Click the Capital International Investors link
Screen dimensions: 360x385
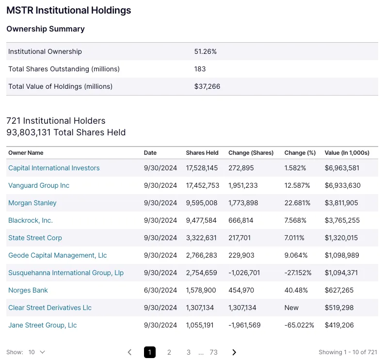coord(54,168)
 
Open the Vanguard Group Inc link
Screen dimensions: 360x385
coord(39,185)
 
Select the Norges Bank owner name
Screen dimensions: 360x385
coord(28,290)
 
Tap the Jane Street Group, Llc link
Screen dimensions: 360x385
coord(43,325)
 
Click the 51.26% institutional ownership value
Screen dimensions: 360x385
coord(205,51)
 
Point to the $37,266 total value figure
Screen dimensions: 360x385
coord(207,86)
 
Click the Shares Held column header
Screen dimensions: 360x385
coord(202,153)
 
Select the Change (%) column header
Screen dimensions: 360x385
coord(300,153)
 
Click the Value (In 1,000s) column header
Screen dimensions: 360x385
coord(347,153)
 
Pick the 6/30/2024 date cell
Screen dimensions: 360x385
coord(160,290)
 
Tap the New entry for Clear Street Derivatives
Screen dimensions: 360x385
coord(291,308)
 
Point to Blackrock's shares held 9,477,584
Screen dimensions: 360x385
coord(202,220)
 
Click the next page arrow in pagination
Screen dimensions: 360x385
coord(234,352)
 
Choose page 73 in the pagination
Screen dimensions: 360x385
coord(213,352)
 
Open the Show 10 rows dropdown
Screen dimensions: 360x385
coord(37,352)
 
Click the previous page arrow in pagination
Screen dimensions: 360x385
coord(129,352)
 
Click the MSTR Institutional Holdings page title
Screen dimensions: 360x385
coord(68,10)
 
